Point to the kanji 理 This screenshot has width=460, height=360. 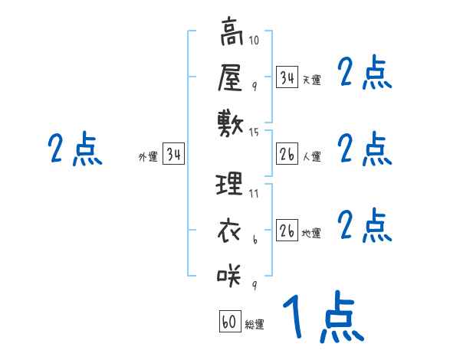point(231,184)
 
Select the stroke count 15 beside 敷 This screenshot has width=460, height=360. point(255,133)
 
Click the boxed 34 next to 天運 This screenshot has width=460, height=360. point(287,77)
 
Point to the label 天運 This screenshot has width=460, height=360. point(311,80)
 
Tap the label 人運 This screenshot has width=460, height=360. point(311,157)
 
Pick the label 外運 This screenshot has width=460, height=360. point(148,157)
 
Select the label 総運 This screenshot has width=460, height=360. point(255,325)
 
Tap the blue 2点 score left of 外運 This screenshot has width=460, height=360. point(74,149)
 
